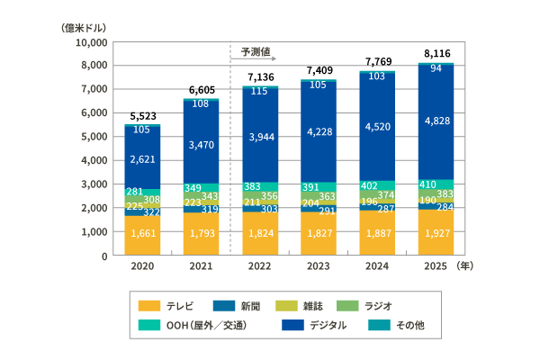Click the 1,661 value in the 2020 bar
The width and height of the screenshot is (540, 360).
click(142, 234)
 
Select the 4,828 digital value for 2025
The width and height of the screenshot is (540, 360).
click(436, 121)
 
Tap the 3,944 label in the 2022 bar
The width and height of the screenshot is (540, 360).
click(259, 136)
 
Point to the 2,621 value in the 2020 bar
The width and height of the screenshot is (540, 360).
click(142, 159)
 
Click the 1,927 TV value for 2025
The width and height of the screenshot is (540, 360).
click(436, 233)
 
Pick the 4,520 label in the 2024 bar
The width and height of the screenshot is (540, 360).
click(378, 127)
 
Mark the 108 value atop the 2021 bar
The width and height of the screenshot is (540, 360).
click(201, 103)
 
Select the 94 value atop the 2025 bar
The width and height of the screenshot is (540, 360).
click(436, 68)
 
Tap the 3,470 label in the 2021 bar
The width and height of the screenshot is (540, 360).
click(201, 144)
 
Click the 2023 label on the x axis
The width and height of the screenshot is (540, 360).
click(319, 266)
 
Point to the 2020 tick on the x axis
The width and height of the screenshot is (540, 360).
click(142, 266)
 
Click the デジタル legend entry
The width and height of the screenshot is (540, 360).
click(311, 325)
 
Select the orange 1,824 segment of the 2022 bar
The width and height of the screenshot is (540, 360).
click(259, 233)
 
